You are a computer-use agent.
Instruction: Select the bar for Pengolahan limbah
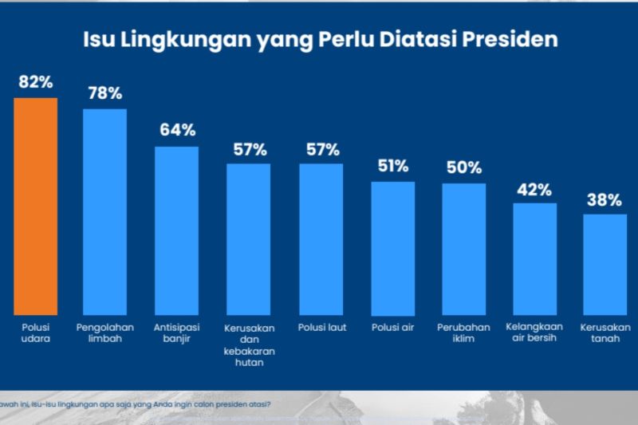pos(105,211)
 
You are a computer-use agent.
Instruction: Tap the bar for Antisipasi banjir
pos(176,230)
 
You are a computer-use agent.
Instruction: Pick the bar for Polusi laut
pos(321,239)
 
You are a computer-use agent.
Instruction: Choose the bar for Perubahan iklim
pos(464,249)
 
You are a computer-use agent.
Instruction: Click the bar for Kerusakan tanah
pos(605,264)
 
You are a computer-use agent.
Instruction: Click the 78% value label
pos(104,93)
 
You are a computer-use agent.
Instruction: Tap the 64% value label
pos(176,130)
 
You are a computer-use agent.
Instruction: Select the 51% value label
pos(392,166)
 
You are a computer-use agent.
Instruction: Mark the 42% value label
pos(534,189)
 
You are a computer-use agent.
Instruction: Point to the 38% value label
pos(605,200)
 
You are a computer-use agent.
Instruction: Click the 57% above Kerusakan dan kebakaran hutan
pos(249,149)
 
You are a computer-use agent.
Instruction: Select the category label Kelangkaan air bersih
pos(535,333)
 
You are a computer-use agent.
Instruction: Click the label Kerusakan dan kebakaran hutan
pos(249,344)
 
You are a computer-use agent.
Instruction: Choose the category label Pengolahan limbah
pos(104,333)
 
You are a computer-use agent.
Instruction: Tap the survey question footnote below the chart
pos(136,403)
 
